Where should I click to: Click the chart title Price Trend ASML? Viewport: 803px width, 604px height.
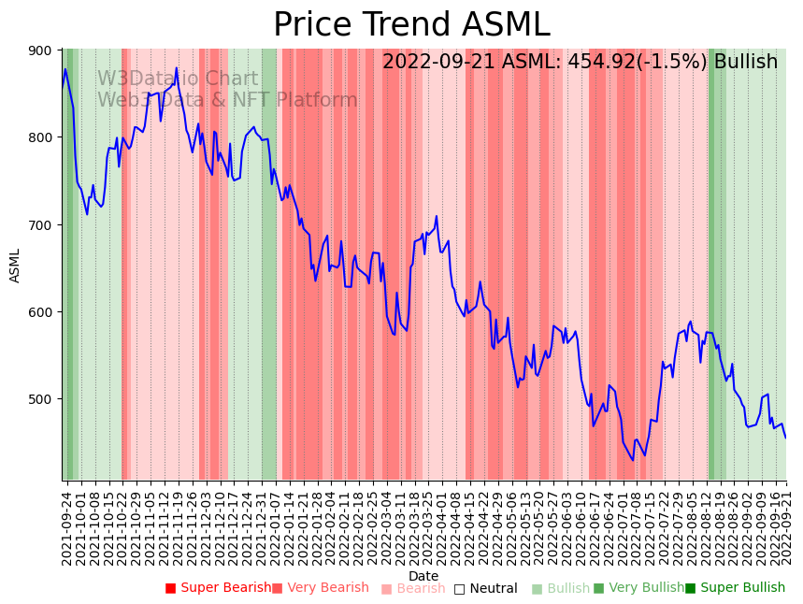[411, 25]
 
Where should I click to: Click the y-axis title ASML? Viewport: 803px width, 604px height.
[15, 266]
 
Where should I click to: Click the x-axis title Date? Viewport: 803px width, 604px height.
[423, 576]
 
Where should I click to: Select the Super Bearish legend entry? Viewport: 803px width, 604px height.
[218, 588]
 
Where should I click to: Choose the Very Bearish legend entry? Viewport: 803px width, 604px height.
[321, 588]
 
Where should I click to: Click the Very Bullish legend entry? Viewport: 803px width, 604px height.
[638, 588]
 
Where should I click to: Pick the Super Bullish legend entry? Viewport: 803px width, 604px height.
[736, 588]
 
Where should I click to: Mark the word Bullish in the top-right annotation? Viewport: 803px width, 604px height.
[745, 63]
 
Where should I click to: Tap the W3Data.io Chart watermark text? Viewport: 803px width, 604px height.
[178, 79]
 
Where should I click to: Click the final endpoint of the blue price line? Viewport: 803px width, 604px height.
[785, 438]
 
